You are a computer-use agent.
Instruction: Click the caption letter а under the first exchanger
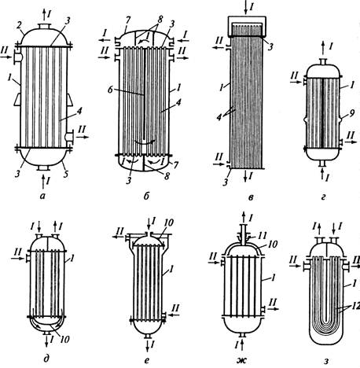tap(42, 196)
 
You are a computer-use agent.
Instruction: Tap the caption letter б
tap(146, 196)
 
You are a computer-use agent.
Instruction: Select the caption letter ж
tap(241, 361)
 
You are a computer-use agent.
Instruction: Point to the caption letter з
tap(326, 361)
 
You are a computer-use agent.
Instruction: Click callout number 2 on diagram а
tap(19, 25)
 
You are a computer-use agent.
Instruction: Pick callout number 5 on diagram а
tap(66, 174)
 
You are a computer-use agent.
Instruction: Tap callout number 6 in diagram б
tap(110, 90)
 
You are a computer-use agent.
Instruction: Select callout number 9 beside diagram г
tap(352, 113)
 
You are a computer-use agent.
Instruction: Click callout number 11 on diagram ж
tap(263, 235)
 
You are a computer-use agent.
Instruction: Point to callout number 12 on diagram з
tap(355, 306)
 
